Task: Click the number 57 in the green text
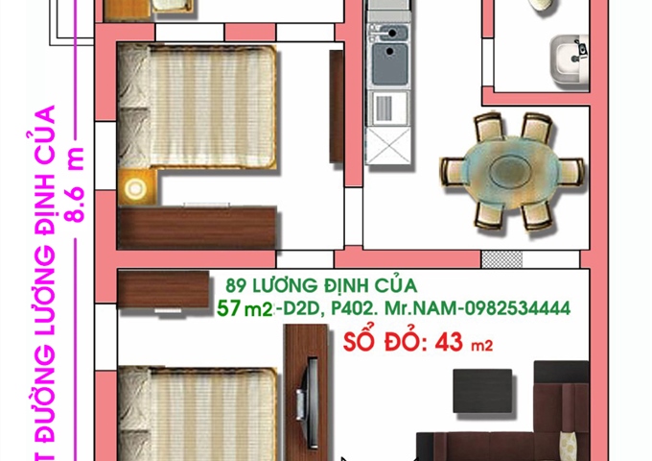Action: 228,308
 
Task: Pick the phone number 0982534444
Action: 519,308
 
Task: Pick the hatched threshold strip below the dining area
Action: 502,259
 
